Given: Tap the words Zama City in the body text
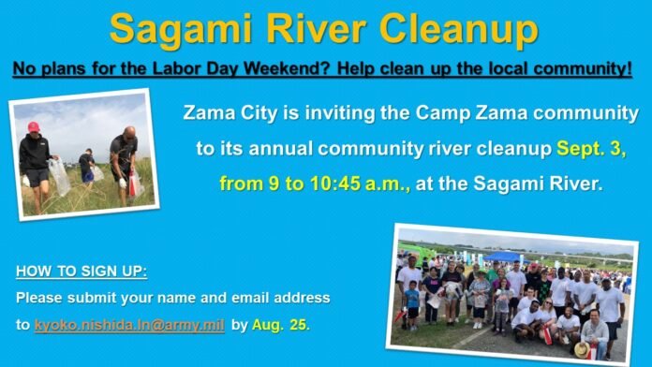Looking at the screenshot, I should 225,113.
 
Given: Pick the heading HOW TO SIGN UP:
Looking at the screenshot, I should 81,273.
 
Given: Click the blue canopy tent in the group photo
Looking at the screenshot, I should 502,256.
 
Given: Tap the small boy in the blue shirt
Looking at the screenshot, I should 412,305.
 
